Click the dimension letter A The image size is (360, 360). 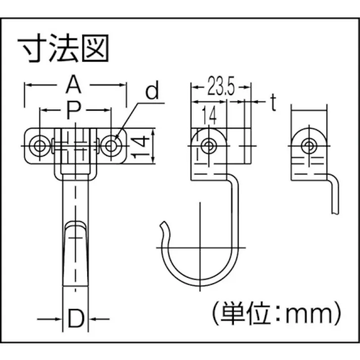[74, 85]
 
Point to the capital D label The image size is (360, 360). [75, 319]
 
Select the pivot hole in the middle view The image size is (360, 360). [207, 146]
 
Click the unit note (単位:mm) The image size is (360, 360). [274, 314]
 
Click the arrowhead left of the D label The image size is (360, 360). [59, 319]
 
